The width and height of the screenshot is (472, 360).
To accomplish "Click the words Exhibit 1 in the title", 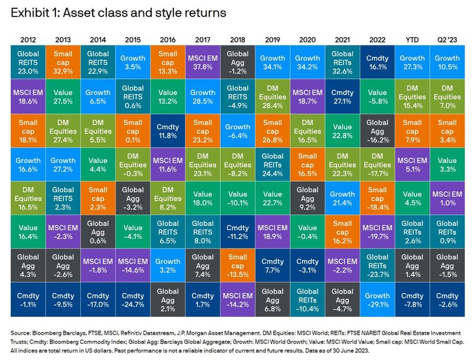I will (x=30, y=12).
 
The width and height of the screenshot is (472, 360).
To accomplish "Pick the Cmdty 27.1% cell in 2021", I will (x=343, y=96).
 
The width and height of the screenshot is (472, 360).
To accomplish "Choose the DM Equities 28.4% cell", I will (x=273, y=96).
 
